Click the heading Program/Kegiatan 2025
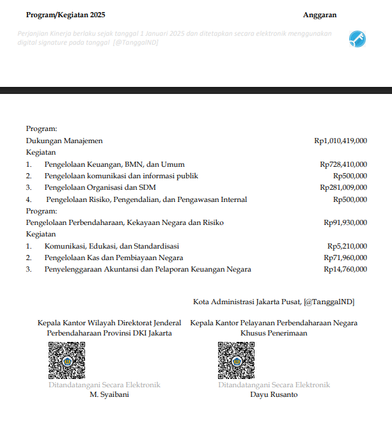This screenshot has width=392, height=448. pos(66,15)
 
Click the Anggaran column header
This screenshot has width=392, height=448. pos(320,15)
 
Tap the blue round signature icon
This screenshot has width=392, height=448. pos(357,39)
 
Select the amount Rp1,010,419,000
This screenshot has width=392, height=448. pos(341,141)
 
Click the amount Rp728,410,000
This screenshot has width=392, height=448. pos(343,164)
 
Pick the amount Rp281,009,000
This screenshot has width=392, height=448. pos(343,188)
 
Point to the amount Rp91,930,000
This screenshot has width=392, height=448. pos(345,222)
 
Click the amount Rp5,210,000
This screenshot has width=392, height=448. pos(347,246)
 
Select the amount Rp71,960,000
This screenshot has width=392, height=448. pos(345,258)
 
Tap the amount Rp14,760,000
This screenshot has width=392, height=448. pos(345,270)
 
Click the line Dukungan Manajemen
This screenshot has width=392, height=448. pos(64,141)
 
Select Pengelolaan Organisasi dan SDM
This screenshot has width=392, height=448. pos(100,188)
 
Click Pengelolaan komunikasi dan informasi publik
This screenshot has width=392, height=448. pos(121,176)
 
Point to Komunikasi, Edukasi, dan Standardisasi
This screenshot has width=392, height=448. pos(112,246)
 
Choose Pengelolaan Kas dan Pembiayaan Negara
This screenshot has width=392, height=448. pos(113,258)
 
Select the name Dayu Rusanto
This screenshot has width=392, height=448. pos(274,394)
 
